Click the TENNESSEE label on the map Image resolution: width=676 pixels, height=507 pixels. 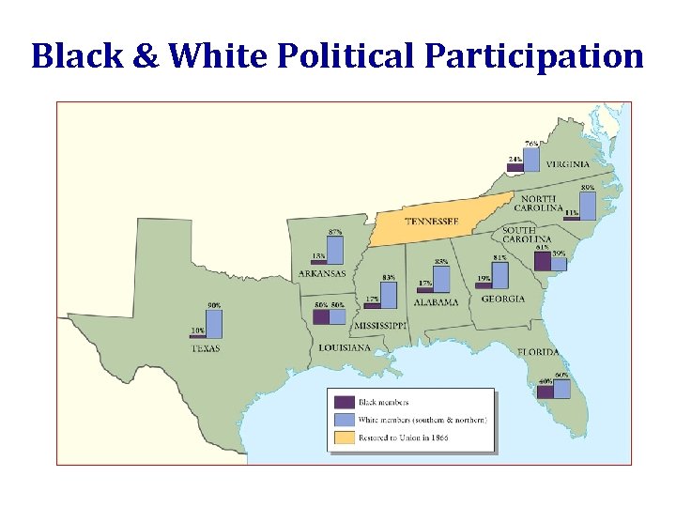click(x=431, y=222)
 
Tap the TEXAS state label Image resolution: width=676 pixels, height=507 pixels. click(x=206, y=348)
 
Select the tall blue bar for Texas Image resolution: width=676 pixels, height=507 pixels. click(x=214, y=324)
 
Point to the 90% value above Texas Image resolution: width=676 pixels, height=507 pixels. click(x=214, y=305)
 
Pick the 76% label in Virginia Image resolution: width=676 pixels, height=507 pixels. click(x=531, y=143)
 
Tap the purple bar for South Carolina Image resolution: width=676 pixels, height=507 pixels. click(x=541, y=261)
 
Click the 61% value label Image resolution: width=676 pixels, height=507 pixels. click(x=543, y=248)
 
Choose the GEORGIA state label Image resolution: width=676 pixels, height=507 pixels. click(x=503, y=300)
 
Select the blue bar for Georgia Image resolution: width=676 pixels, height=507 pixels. click(x=499, y=274)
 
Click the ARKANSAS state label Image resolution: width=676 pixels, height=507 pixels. click(x=322, y=274)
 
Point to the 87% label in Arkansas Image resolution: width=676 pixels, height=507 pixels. click(x=335, y=231)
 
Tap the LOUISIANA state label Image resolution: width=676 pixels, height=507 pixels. click(x=344, y=347)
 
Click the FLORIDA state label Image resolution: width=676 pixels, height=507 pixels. click(x=538, y=352)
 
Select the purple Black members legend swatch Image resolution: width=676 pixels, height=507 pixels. click(x=344, y=403)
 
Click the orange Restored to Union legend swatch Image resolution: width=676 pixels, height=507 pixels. click(x=344, y=438)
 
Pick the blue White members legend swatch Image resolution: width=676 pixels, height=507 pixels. click(x=344, y=421)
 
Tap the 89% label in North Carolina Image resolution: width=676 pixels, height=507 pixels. click(x=588, y=188)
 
